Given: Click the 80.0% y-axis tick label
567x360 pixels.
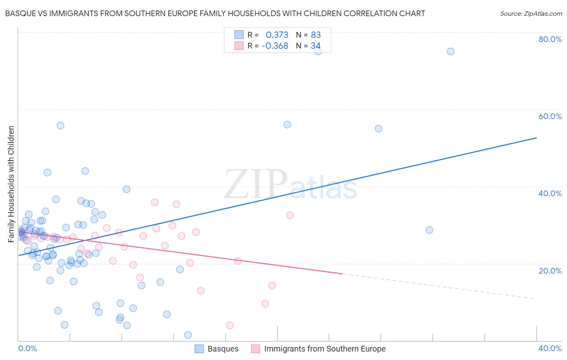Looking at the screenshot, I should (550, 39).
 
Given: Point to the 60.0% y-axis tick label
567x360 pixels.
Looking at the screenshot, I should (550, 116).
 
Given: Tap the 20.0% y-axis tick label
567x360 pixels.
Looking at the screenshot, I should (550, 271).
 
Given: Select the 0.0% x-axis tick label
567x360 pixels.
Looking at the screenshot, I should (27, 348).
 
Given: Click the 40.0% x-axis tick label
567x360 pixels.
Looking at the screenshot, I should (550, 348).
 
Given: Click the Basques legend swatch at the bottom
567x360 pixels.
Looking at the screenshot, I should (199, 349).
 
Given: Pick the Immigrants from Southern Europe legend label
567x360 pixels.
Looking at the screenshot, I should (325, 349).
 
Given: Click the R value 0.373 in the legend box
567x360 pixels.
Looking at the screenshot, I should (277, 35).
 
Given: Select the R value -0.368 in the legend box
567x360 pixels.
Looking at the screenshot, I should (275, 46).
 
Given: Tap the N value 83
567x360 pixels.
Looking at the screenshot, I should (316, 35).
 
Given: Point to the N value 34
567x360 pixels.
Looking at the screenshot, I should (315, 46).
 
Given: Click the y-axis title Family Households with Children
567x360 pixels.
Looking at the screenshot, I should (11, 184).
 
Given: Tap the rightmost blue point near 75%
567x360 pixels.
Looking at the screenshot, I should (450, 51).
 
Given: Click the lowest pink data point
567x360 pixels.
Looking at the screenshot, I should (229, 325).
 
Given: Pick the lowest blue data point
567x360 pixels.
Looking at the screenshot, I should (188, 335).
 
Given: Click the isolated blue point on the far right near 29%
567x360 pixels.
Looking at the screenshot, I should (429, 230).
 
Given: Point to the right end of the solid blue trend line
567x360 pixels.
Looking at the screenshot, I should (536, 138).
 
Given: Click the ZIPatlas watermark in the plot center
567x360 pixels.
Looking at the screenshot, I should (290, 184).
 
